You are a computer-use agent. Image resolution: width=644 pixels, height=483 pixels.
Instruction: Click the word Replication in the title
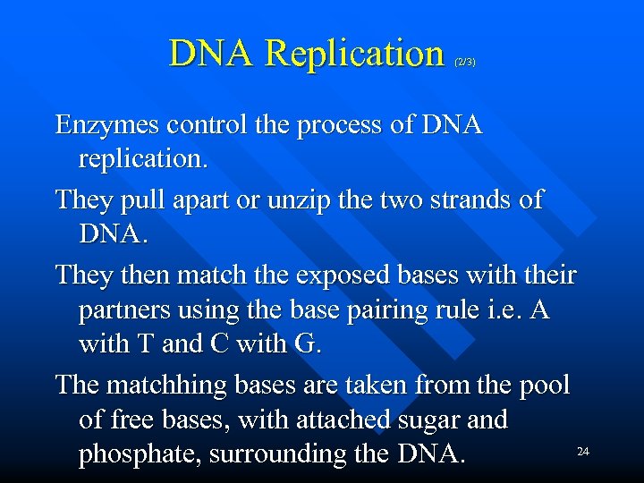[x=355, y=53]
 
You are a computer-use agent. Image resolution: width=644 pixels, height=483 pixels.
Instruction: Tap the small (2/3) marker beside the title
[x=465, y=62]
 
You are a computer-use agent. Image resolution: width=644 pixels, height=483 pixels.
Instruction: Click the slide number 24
[x=582, y=452]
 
